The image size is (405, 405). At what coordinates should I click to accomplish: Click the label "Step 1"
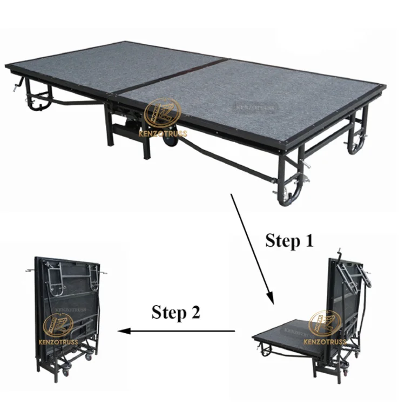pos(289,241)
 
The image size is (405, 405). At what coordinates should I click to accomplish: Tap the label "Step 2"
pos(175,312)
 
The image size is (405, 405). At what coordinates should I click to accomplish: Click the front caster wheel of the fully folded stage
pos(65,372)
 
